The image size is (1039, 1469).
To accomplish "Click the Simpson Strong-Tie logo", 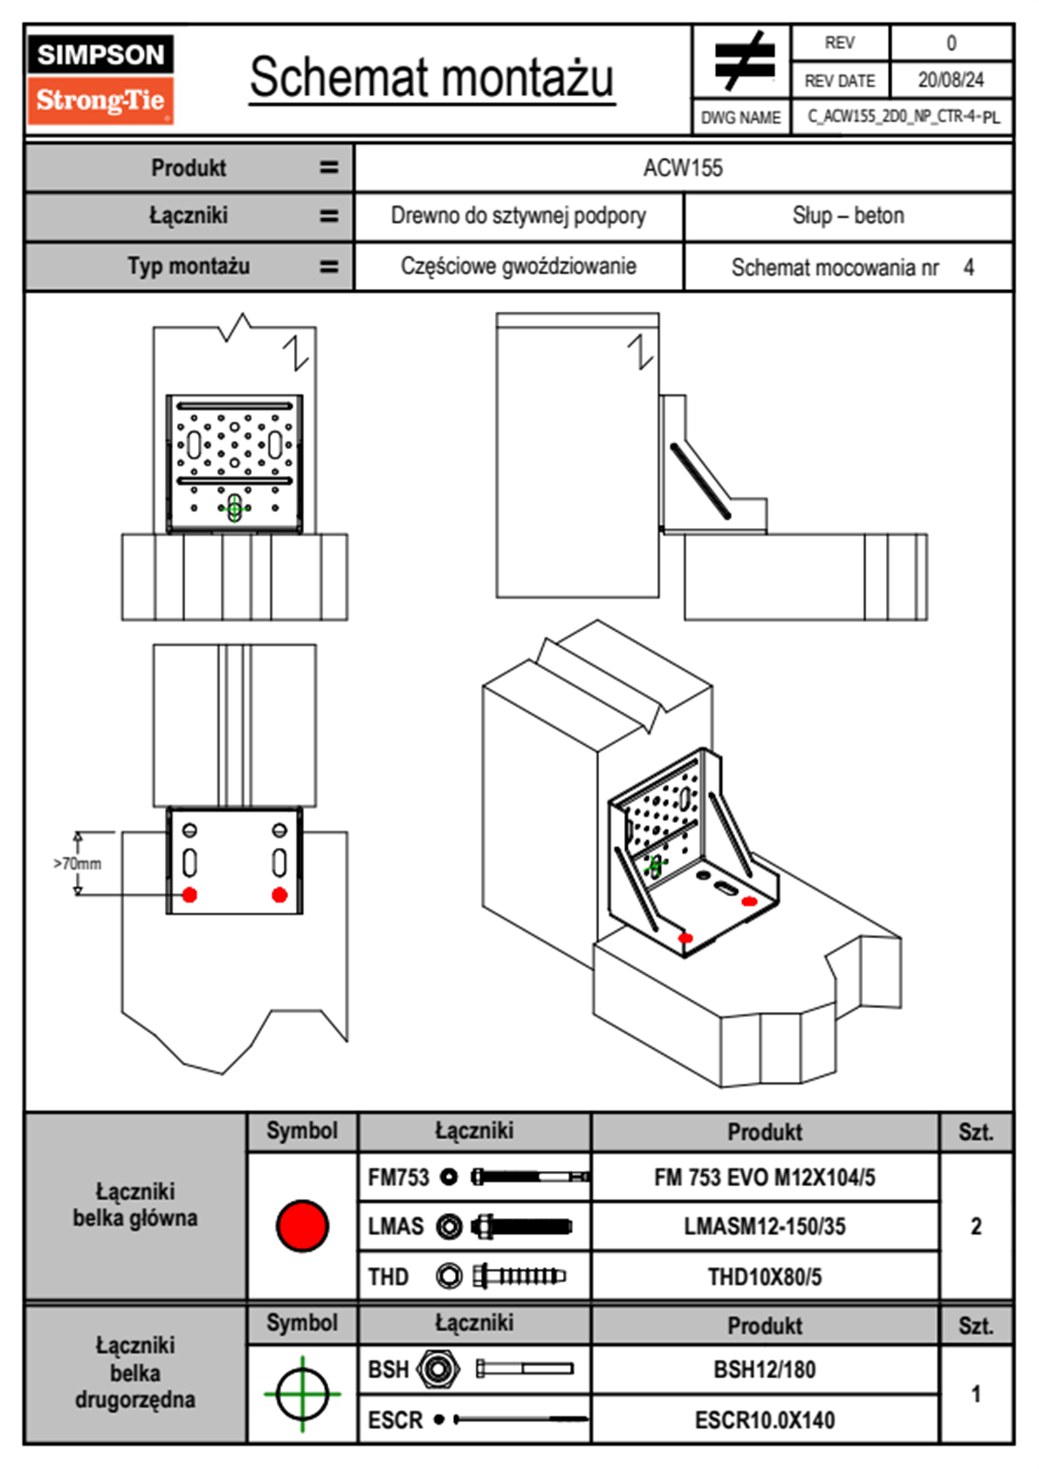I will [100, 79].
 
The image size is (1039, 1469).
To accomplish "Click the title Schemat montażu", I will [431, 78].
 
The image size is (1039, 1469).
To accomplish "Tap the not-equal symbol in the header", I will [742, 61].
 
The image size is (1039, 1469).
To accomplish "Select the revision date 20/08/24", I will [950, 80].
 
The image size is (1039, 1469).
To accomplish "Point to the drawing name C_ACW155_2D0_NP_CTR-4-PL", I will [903, 116].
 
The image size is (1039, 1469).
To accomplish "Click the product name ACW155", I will [683, 168].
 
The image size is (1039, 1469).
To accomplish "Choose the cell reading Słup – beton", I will [848, 216].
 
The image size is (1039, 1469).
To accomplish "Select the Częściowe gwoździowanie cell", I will [518, 266].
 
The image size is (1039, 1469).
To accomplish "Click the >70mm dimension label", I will [77, 864].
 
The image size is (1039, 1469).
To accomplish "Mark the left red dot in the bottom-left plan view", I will [189, 894].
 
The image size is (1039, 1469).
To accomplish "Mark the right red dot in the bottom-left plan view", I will [279, 894].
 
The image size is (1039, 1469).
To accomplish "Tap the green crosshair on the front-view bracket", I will [234, 507].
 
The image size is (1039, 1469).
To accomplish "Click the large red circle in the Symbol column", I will [302, 1225].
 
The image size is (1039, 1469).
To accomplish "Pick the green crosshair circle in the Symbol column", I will [302, 1394].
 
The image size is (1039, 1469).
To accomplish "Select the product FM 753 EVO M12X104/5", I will [764, 1177].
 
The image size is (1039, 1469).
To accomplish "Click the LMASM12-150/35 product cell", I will [764, 1226].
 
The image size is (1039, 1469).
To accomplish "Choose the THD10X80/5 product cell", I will [764, 1277].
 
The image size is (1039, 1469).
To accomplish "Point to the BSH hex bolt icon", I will [437, 1369].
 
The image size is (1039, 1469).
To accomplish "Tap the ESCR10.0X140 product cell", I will [764, 1420].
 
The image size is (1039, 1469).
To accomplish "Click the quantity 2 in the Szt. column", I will [975, 1226].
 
